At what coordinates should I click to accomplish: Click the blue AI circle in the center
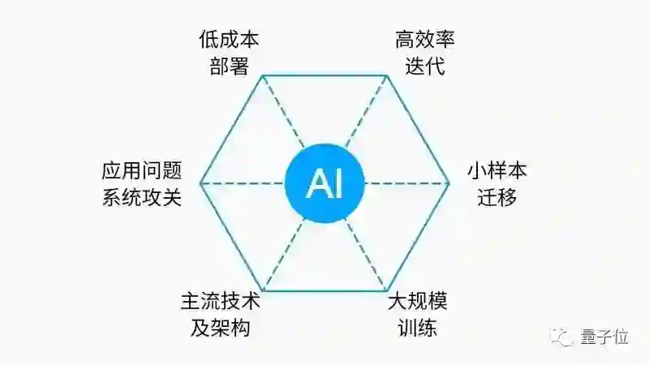click(x=324, y=183)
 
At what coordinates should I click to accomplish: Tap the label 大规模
click(x=418, y=303)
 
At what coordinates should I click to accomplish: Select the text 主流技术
click(x=221, y=303)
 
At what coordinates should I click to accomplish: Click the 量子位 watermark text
click(x=605, y=336)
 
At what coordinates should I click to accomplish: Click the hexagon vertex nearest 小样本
click(x=449, y=183)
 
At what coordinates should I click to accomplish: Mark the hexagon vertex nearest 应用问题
click(x=200, y=183)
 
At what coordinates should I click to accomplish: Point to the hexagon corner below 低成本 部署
click(x=262, y=76)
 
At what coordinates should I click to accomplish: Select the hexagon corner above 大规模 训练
click(x=387, y=290)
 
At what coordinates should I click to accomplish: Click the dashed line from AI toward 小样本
click(x=406, y=183)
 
